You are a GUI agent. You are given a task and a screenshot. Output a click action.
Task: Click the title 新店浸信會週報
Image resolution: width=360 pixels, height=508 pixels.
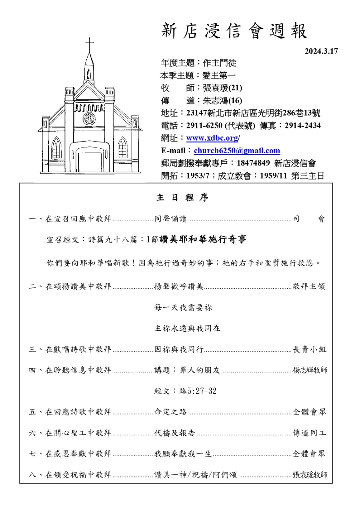click(234, 31)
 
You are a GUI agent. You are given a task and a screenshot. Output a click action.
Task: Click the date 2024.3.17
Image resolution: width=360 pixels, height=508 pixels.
click(321, 51)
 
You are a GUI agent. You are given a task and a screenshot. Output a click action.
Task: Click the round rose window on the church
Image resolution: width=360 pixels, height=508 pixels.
click(89, 118)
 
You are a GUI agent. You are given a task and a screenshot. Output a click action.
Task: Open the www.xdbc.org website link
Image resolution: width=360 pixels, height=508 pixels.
click(212, 138)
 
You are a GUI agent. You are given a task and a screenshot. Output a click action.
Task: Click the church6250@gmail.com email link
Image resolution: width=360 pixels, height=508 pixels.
click(237, 151)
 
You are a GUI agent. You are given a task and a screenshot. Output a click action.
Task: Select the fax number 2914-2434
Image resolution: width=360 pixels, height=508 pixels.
click(302, 126)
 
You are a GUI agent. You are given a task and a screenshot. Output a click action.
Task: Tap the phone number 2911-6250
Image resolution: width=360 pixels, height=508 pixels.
click(204, 126)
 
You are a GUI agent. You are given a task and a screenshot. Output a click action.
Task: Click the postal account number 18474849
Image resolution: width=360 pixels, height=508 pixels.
click(253, 163)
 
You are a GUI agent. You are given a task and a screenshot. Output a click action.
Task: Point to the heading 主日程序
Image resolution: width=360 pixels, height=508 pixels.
click(183, 198)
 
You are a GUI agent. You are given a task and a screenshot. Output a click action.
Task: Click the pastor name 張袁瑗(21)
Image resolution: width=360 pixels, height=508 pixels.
click(222, 88)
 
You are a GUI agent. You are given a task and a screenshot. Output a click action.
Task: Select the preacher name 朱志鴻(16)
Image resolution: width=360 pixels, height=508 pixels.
click(222, 100)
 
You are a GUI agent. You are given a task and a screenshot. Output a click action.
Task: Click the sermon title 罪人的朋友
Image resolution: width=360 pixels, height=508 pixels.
click(200, 370)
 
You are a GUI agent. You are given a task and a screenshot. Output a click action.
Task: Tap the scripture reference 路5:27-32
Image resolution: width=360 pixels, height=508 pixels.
click(198, 391)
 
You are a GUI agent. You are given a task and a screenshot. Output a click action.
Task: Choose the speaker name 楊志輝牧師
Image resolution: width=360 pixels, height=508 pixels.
click(310, 370)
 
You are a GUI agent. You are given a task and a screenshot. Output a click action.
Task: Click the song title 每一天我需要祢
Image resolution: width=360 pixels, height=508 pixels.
click(183, 308)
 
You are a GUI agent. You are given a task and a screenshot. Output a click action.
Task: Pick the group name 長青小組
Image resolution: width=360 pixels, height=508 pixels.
click(310, 349)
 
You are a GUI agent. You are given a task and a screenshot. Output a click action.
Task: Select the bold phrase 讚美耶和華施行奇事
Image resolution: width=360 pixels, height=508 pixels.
click(203, 240)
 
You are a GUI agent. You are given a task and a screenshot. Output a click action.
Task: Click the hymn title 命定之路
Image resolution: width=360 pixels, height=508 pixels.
click(171, 412)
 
